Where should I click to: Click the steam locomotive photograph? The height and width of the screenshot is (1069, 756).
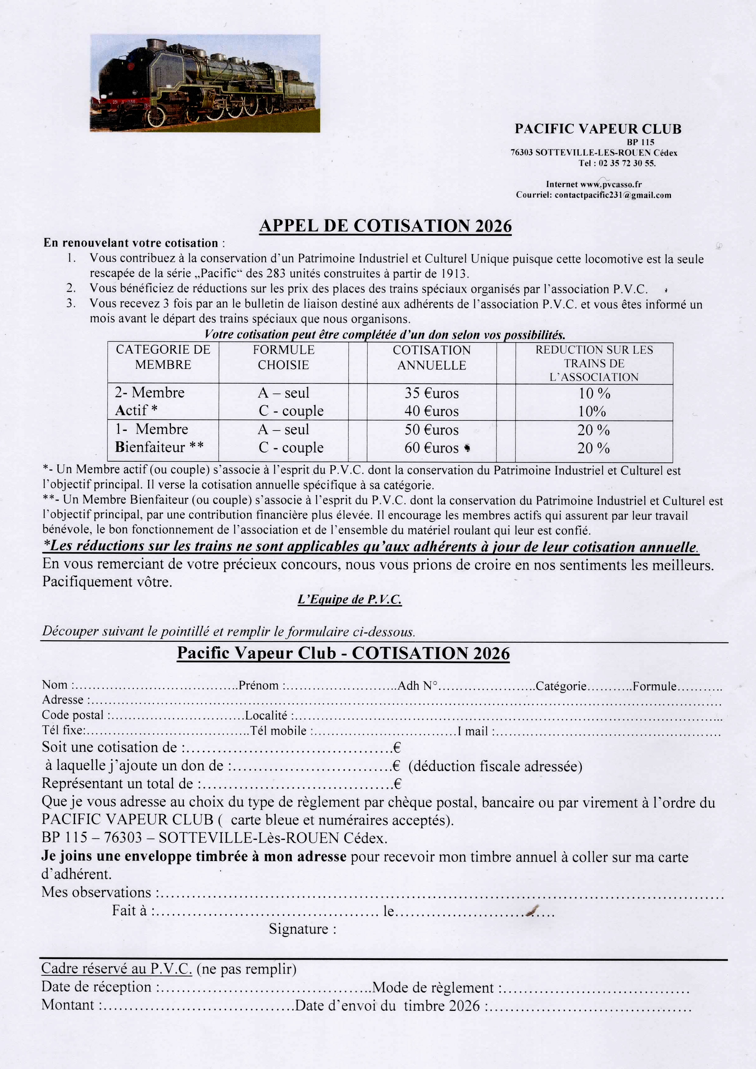click(205, 83)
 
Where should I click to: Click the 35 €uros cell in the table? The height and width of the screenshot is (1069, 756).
click(431, 393)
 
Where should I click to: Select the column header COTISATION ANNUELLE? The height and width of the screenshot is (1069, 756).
click(431, 357)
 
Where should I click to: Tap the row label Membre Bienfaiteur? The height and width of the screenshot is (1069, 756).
click(159, 438)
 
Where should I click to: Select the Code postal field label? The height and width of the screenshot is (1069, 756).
click(73, 715)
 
